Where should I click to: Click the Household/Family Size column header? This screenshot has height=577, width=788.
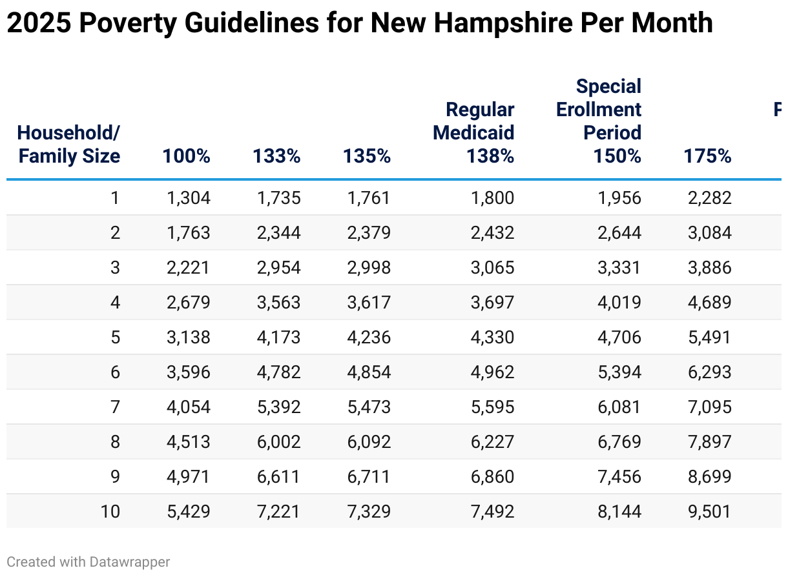coord(69,144)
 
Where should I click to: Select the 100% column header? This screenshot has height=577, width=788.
coord(186,156)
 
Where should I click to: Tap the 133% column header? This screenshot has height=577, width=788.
coord(276,156)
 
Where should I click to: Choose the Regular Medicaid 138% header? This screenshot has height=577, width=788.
coord(474,133)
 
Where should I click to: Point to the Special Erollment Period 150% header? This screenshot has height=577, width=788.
coord(599,121)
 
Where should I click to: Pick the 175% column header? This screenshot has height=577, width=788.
coord(707,156)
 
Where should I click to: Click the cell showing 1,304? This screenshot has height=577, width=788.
coord(189,197)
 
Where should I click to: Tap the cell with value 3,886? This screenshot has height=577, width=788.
coord(709,267)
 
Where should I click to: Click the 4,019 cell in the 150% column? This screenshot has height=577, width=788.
coord(619,302)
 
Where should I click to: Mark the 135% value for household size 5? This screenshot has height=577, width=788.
coord(369,337)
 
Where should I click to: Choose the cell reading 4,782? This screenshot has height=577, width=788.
coord(278,372)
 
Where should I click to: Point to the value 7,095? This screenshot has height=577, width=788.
coord(709,407)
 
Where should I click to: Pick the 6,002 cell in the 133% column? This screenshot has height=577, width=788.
coord(278,441)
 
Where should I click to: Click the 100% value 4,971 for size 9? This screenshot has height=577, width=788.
coord(189,476)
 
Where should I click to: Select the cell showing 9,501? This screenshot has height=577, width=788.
coord(709,511)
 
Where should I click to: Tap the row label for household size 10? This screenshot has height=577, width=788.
coord(110,511)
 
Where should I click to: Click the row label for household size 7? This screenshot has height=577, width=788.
coord(115,407)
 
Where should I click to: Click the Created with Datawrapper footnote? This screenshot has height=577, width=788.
coord(88,562)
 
